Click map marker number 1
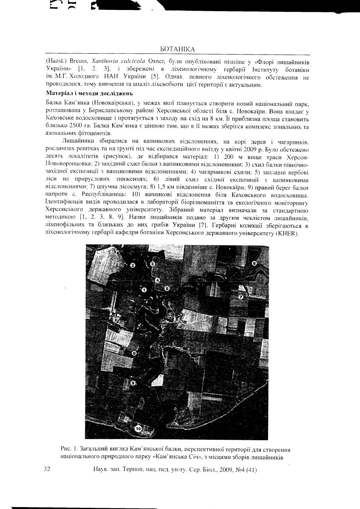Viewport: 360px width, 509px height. [144, 290]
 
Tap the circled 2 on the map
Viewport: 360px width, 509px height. [133, 265]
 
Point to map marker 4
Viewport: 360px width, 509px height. [158, 280]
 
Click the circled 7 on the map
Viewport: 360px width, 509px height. [241, 297]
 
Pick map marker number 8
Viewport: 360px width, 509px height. [134, 353]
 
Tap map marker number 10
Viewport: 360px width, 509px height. [138, 428]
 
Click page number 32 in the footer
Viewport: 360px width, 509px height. [47, 470]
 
